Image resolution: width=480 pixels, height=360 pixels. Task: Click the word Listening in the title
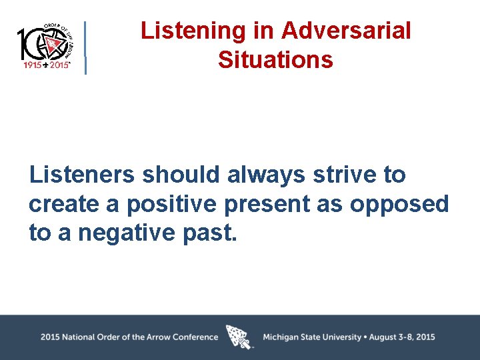coord(183,31)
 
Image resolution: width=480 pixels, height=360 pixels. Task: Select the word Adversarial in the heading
coord(346,31)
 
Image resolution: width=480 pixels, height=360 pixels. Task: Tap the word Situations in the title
coord(275,60)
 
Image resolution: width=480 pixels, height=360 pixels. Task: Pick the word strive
coord(347,175)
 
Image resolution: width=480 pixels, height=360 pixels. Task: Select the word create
coord(63,204)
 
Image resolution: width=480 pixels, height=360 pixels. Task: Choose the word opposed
coord(400,204)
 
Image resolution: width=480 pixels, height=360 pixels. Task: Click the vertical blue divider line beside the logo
coord(85,47)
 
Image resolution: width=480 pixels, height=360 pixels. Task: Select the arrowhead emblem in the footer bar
coord(239,337)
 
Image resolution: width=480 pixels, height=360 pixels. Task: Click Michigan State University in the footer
coord(311,337)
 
